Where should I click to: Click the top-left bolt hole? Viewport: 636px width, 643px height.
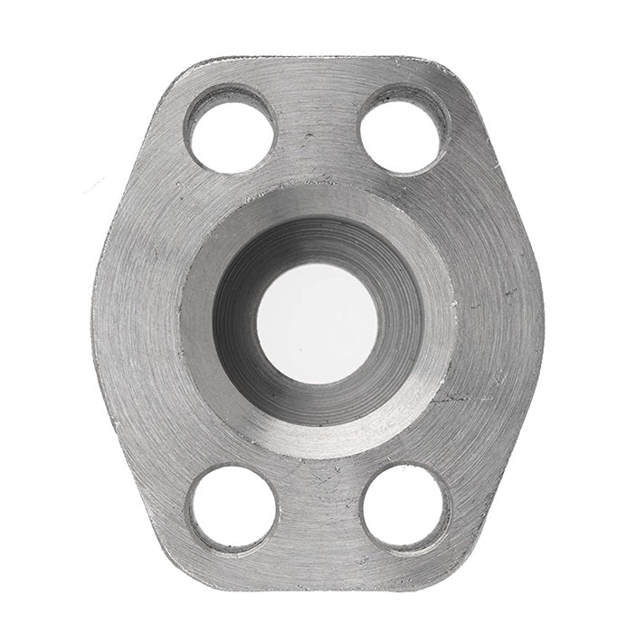tap(232, 129)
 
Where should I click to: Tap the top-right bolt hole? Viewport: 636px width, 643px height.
tap(403, 129)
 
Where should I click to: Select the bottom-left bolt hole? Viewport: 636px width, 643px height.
tap(233, 509)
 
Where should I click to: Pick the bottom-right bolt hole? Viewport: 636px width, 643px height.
tap(404, 509)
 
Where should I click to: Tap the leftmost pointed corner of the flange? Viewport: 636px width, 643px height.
tap(93, 317)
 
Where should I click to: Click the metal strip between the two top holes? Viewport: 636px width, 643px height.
tap(318, 118)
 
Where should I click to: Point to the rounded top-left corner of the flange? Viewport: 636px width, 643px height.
tap(181, 77)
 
